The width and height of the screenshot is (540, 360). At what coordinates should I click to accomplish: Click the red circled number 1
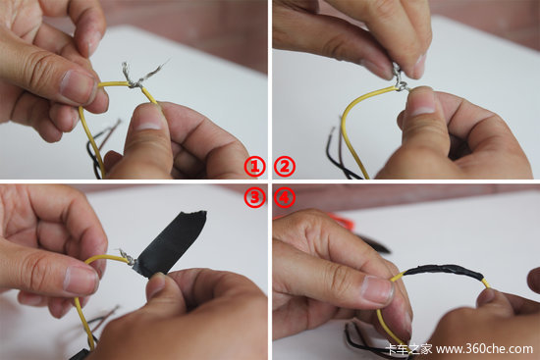(x=255, y=167)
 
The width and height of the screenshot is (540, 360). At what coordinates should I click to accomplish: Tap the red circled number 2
(x=285, y=167)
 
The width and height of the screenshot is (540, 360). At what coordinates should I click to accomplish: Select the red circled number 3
(x=255, y=197)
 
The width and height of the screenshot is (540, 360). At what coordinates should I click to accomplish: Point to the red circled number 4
(x=285, y=197)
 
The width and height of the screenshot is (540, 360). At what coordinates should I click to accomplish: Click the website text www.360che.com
(x=484, y=349)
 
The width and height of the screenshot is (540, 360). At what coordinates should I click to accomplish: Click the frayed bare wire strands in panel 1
(x=141, y=74)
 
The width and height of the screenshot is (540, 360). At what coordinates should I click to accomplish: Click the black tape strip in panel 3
(x=172, y=242)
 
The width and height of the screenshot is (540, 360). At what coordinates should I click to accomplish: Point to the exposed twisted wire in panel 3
(x=127, y=256)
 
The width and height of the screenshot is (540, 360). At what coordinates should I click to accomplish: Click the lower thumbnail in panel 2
(x=422, y=105)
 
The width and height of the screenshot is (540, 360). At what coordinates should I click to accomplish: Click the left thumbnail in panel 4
(x=378, y=290)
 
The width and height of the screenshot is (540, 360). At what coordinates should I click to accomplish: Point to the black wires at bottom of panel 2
(x=340, y=158)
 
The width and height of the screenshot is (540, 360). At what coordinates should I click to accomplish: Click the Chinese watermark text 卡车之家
(x=409, y=349)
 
